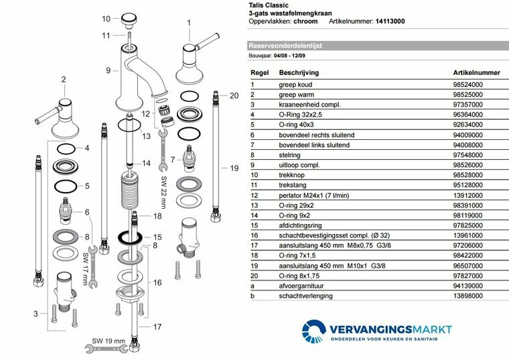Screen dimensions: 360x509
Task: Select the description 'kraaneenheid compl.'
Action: point(309,104)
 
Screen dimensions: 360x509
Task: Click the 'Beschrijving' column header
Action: point(299,72)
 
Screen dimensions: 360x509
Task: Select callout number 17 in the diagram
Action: point(157,327)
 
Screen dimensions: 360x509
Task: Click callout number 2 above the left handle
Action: point(64,80)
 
